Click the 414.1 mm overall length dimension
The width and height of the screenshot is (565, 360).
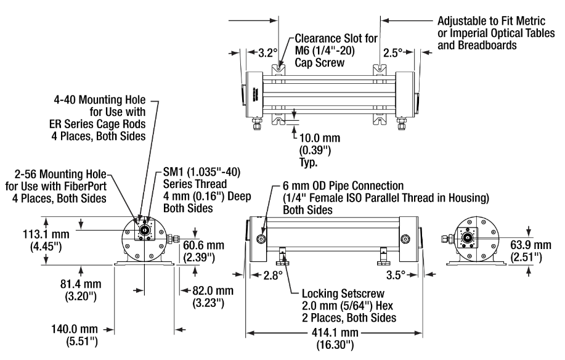coord(335,333)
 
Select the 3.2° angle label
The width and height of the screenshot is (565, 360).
coord(268,53)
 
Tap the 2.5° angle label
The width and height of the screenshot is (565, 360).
coord(392,53)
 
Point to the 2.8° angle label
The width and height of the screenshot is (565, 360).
coord(273,276)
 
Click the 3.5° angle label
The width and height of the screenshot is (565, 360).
coord(396,276)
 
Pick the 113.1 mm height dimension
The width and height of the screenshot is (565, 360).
coord(46,234)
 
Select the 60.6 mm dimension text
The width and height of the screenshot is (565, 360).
coord(203,245)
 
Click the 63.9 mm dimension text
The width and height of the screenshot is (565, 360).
coord(530,245)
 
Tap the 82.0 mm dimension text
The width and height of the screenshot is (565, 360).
coord(213,290)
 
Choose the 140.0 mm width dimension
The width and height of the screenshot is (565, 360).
coord(74,329)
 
